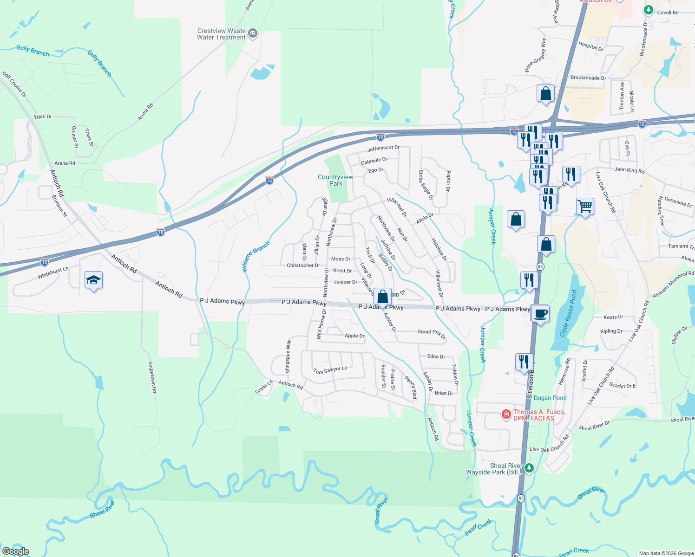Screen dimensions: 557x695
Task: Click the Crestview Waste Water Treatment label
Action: pos(221,34)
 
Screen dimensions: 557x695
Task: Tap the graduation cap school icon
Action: pos(93,280)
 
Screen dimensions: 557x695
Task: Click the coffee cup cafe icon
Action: pos(540,314)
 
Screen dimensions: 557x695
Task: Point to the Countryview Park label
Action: pos(335,180)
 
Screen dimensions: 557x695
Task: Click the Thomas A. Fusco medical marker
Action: pos(506,414)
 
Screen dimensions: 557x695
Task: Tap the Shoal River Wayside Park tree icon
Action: pos(529,468)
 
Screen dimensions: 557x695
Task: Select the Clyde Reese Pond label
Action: pos(568,313)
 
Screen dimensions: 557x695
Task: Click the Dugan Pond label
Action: pos(550,398)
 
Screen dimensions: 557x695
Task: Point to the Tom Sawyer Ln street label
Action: pos(330,370)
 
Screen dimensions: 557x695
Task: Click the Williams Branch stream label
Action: pos(256,256)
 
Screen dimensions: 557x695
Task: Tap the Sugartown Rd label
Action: pos(152,377)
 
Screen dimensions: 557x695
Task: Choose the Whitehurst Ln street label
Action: pos(53,272)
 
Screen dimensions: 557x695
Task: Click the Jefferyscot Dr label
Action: pos(383,148)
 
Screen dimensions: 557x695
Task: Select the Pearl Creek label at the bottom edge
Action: pos(574,551)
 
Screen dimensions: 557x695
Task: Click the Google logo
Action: pos(16,551)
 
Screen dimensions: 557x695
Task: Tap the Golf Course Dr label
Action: pos(14,84)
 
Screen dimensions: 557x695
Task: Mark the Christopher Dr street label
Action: pos(303,266)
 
